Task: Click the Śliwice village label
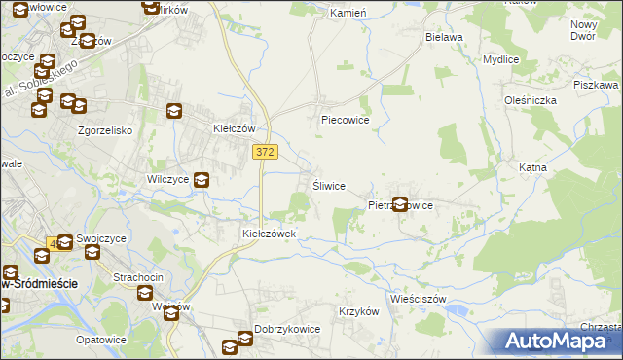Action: (328, 186)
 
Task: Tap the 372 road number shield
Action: (265, 152)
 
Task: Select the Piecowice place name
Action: (346, 121)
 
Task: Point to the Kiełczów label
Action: (234, 128)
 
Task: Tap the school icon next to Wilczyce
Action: (202, 179)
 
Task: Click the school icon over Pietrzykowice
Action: (399, 204)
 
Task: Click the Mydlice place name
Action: (500, 58)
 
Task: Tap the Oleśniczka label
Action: (530, 99)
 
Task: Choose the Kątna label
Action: (533, 167)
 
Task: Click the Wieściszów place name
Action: (417, 299)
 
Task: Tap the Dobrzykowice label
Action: (287, 329)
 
